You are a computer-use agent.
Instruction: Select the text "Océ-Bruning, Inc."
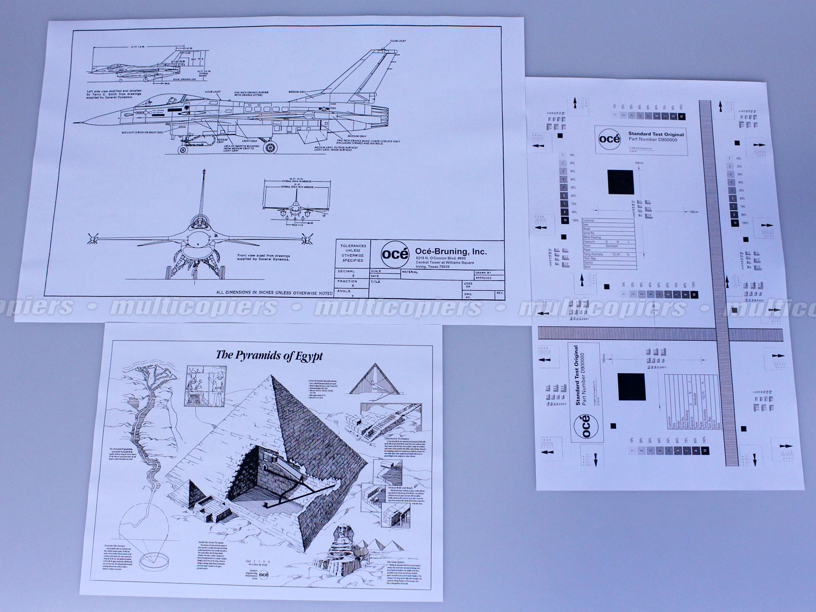(x=451, y=251)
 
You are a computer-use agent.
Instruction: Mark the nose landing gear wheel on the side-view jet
(x=182, y=149)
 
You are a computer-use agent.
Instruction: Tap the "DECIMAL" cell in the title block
(x=346, y=272)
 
